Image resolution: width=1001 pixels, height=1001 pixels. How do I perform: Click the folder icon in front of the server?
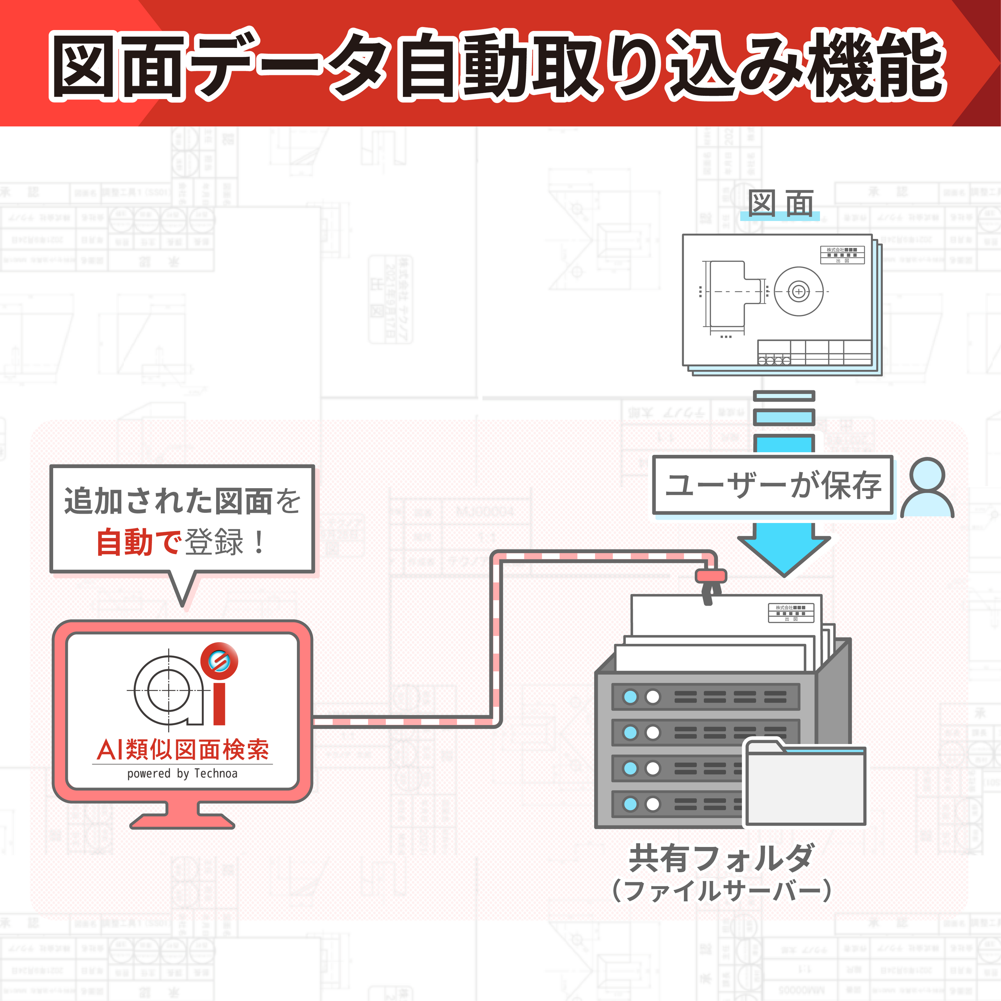click(x=805, y=785)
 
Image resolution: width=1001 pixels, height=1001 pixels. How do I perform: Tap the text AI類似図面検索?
click(x=182, y=750)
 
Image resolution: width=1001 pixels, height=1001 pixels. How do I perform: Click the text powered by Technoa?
click(x=182, y=774)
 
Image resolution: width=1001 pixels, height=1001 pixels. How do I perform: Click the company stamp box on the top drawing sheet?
click(x=842, y=255)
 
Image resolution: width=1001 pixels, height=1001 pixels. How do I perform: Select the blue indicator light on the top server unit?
click(x=630, y=697)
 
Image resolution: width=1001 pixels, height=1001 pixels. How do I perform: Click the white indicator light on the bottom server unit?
click(x=653, y=804)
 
